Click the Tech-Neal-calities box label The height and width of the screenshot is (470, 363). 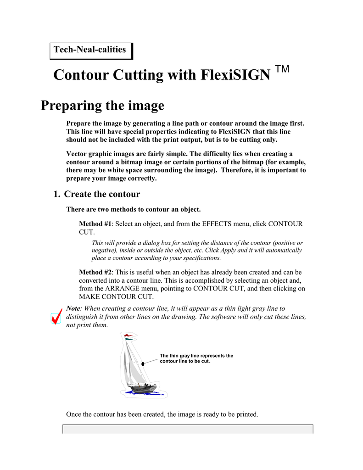coord(90,50)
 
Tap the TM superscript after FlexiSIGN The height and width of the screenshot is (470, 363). coord(282,69)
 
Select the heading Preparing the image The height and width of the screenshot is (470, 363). coord(102,106)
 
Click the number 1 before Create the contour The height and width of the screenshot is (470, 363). coord(56,194)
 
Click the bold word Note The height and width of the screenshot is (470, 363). coord(73,308)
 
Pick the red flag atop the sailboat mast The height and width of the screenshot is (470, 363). coord(127,336)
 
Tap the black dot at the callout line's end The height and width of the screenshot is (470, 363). coord(143,363)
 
